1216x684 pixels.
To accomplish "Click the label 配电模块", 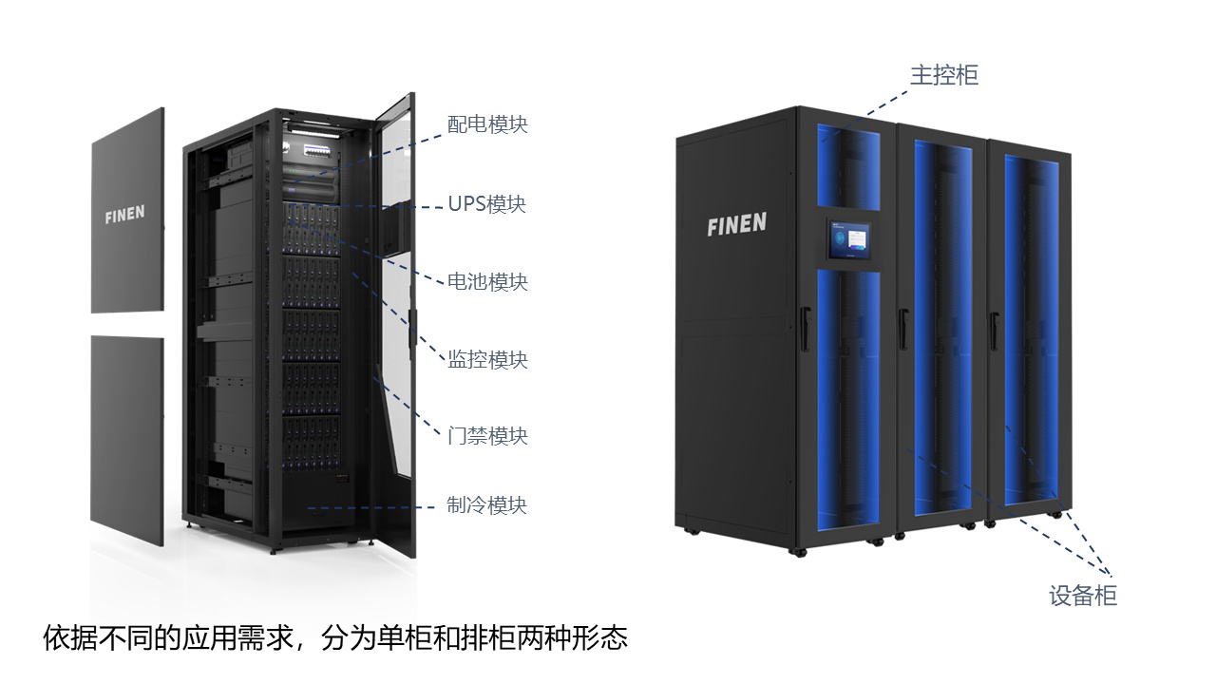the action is click(487, 124).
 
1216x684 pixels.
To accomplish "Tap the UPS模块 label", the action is click(487, 204).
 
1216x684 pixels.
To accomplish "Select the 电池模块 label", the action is click(487, 282).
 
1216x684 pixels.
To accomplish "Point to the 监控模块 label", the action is click(487, 359).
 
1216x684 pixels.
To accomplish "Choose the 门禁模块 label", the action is click(487, 436).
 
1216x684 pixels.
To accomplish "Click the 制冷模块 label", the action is click(486, 504).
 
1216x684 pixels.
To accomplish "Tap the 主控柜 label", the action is click(944, 75).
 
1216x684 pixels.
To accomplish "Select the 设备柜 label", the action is click(1082, 596).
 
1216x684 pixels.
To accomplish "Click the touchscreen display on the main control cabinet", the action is click(848, 238).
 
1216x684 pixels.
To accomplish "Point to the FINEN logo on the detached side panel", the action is click(124, 215).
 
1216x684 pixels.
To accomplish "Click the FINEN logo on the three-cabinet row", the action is click(736, 224).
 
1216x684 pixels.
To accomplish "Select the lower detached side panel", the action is click(127, 440).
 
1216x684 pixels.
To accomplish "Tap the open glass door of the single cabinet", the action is click(394, 326).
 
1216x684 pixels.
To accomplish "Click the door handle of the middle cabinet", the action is click(903, 329).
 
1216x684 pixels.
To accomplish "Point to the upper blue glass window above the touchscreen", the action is click(848, 167).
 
